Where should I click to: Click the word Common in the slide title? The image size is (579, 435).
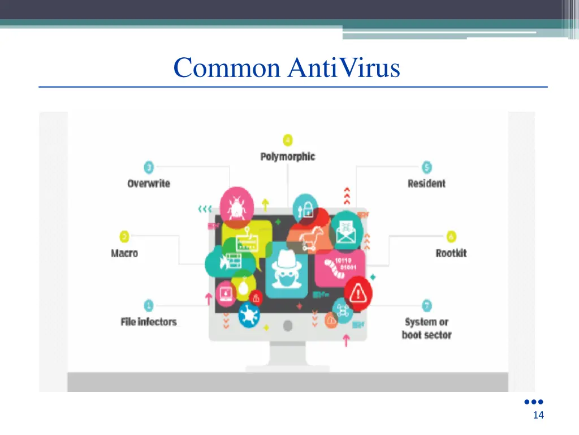pos(227,69)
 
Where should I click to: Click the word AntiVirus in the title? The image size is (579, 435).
pos(344,69)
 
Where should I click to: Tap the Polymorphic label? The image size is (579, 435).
pos(287,156)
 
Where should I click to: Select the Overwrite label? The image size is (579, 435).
pos(149,184)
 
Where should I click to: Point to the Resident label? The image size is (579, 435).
pos(426,184)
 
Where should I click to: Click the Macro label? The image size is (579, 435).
pos(124,253)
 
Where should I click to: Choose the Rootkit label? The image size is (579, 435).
pos(451,253)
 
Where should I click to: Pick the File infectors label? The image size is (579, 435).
pos(149,322)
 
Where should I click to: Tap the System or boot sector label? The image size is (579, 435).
pos(427,328)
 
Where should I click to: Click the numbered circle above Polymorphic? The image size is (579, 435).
pos(288,139)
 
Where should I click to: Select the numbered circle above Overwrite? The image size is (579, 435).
pos(149,167)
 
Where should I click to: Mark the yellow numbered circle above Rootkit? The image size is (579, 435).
pos(451,236)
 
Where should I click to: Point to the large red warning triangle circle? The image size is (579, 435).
pos(357,293)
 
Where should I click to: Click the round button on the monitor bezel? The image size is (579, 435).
pos(287,326)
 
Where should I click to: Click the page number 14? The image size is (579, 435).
pos(538,416)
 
